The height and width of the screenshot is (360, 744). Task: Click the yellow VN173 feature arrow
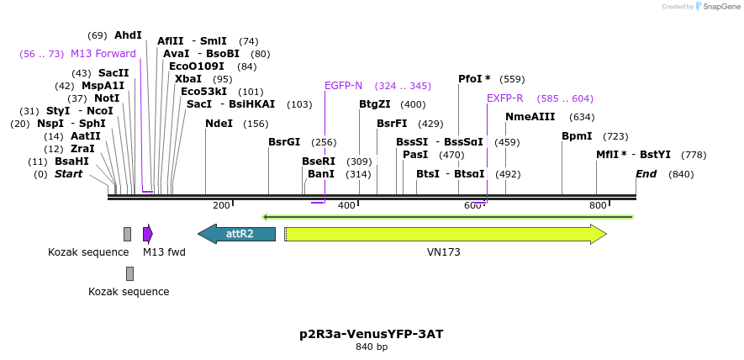click(x=445, y=234)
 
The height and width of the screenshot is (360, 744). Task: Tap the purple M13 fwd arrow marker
click(x=147, y=234)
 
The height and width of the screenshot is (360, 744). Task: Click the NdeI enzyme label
click(x=219, y=124)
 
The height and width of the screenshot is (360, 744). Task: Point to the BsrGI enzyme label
click(x=284, y=141)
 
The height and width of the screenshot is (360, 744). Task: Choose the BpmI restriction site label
click(x=577, y=135)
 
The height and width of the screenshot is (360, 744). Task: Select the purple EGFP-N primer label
click(x=343, y=86)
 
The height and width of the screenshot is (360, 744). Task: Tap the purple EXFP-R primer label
click(x=504, y=98)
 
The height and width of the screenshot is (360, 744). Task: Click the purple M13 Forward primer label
click(x=103, y=54)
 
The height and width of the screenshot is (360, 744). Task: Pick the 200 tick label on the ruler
click(x=221, y=205)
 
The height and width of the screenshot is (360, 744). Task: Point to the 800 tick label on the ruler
click(x=598, y=205)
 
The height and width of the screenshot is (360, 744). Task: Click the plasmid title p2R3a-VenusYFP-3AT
click(x=372, y=334)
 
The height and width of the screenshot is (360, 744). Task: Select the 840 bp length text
click(x=372, y=347)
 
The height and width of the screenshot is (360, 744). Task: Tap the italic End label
click(x=646, y=174)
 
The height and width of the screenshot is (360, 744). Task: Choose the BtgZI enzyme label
click(x=375, y=104)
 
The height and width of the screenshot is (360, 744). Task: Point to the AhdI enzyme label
click(x=129, y=35)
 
